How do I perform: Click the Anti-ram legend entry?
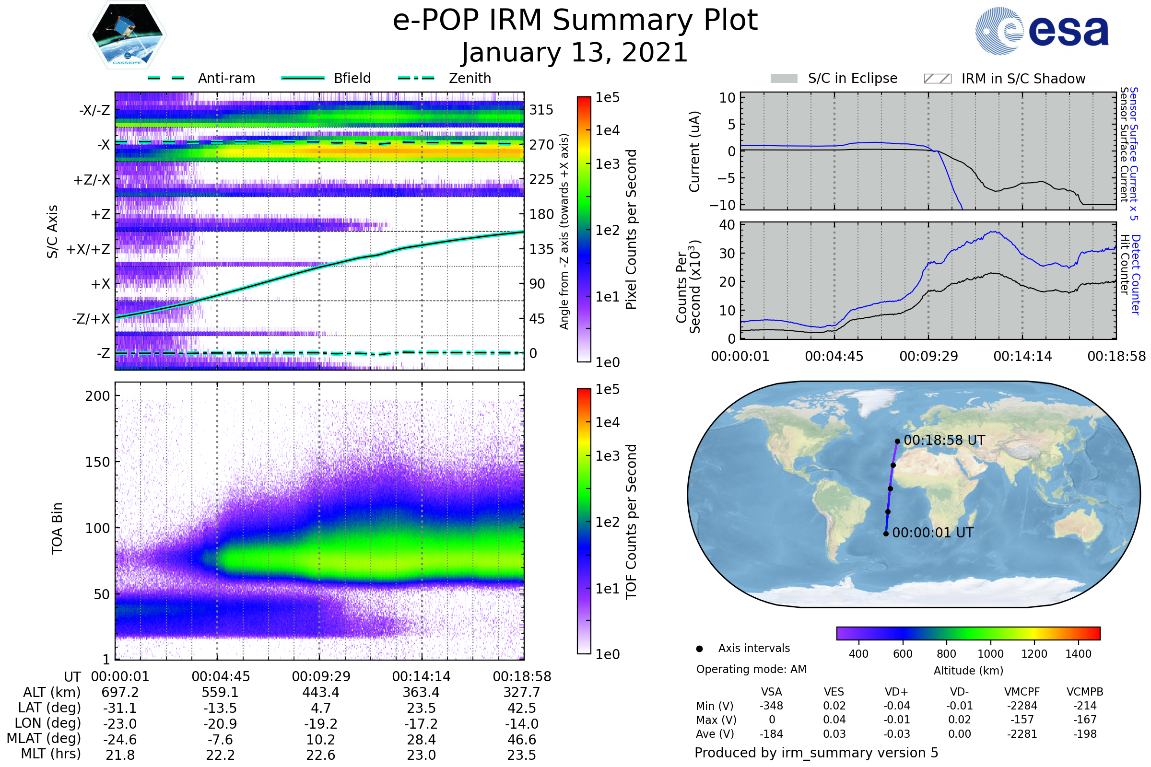tap(201, 78)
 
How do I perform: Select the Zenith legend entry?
tap(445, 78)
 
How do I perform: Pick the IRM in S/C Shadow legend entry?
tap(1004, 79)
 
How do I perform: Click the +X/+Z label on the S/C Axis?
tap(88, 249)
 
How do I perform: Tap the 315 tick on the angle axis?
tap(541, 110)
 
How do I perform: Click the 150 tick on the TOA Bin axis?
tap(97, 462)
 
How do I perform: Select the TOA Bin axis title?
tap(57, 528)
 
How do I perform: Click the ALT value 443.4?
tap(320, 693)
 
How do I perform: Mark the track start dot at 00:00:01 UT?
tap(886, 534)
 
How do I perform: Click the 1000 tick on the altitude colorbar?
tap(990, 654)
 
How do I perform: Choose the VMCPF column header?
tap(1022, 692)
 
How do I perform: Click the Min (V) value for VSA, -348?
tap(771, 706)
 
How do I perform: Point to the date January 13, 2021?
tap(575, 53)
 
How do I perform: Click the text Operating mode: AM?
tap(751, 669)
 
